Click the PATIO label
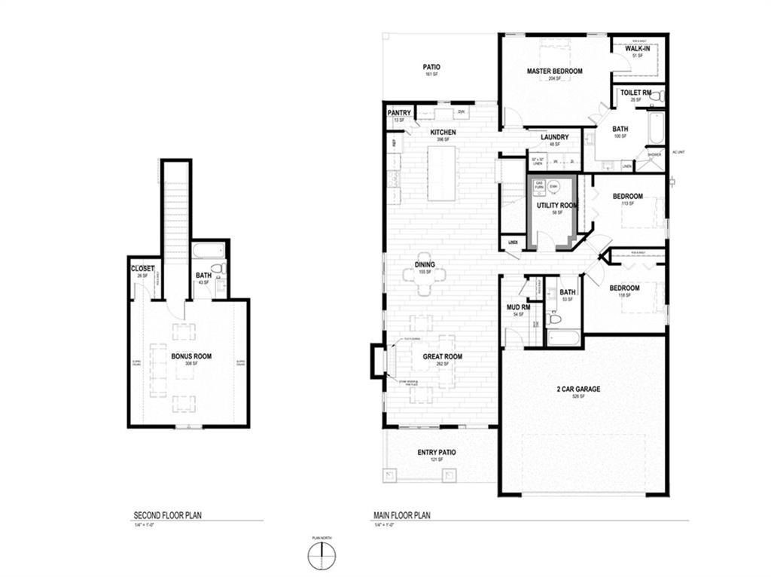click(x=431, y=67)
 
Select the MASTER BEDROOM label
click(x=554, y=71)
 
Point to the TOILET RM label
click(x=635, y=93)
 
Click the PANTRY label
click(x=399, y=113)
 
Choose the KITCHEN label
click(x=443, y=133)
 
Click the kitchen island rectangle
click(x=443, y=173)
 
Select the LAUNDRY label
click(x=554, y=137)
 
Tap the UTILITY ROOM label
click(x=557, y=206)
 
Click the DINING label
click(x=425, y=265)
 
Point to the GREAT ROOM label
click(x=442, y=357)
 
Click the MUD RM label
click(x=519, y=307)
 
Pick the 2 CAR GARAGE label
click(x=578, y=389)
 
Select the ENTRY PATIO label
click(x=437, y=453)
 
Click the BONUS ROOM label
click(x=190, y=356)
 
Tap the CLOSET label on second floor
click(x=142, y=269)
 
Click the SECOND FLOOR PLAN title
click(x=168, y=516)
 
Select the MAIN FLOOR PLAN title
click(x=402, y=516)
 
